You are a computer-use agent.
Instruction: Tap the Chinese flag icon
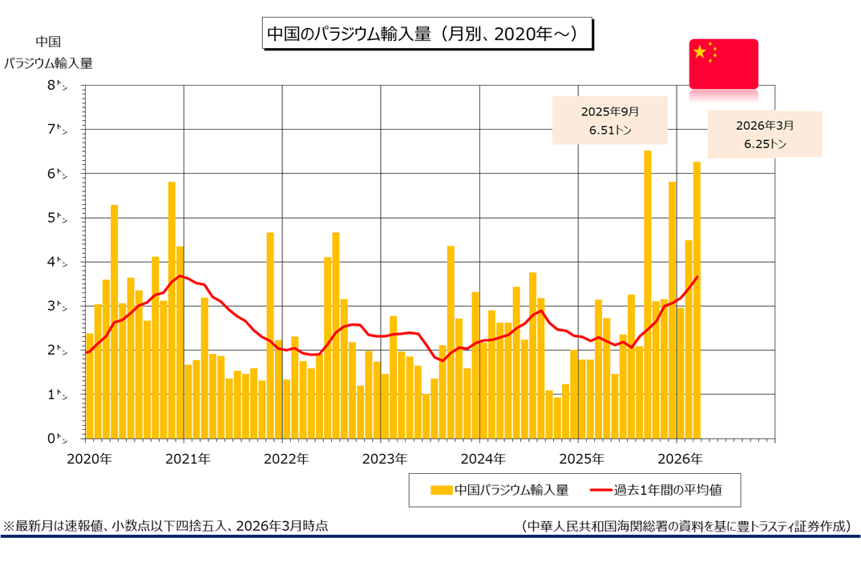(723, 62)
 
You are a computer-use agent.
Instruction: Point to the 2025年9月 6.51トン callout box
(599, 120)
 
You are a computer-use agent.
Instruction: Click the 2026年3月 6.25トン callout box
(764, 134)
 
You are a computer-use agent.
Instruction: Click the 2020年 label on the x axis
(91, 459)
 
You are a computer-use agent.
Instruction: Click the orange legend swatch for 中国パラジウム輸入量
(441, 490)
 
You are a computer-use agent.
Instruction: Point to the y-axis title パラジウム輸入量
(48, 63)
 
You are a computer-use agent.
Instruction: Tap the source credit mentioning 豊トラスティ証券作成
(685, 526)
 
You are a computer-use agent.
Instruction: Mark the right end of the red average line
(697, 277)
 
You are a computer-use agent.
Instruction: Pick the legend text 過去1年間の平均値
(668, 490)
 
